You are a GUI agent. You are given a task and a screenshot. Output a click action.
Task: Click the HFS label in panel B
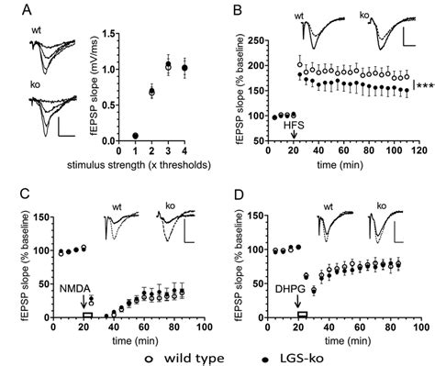[x=293, y=127]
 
